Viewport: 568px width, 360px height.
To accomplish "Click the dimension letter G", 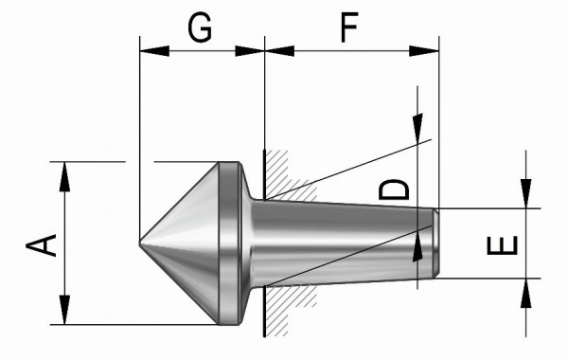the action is point(200,27).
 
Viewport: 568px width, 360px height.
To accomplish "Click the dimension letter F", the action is point(349,27).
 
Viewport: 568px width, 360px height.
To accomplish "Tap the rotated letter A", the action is point(42,245).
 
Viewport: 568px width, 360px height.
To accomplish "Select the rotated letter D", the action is point(394,189).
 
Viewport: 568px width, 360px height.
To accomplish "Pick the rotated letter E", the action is point(503,245).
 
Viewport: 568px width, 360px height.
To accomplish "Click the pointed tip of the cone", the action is point(140,243).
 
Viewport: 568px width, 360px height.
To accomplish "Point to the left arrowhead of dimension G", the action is point(154,51).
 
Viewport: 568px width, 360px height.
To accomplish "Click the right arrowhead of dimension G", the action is point(250,51).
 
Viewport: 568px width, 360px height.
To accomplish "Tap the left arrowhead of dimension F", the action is point(279,51).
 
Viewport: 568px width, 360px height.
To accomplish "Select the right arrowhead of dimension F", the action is point(424,51).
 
